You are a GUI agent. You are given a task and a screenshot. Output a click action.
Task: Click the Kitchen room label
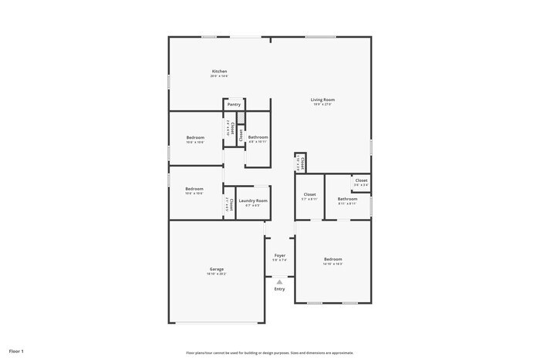point(219,72)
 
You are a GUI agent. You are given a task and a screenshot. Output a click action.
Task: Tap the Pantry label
point(234,104)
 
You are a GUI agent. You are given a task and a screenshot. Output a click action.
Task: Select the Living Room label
point(322,99)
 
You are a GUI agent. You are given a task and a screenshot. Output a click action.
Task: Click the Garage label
point(216,269)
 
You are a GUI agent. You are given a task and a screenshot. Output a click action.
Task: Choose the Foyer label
point(279,255)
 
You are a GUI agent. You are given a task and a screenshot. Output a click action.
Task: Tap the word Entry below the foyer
point(279,289)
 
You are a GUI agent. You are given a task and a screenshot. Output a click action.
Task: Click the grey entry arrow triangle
point(279,282)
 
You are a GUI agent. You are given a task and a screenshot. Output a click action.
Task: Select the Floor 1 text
point(17,352)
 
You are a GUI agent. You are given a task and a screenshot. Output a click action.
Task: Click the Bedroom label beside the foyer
point(332,259)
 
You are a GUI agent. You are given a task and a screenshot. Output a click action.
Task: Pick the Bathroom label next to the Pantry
point(258,137)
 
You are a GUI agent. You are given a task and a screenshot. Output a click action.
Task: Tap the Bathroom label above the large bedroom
point(347,199)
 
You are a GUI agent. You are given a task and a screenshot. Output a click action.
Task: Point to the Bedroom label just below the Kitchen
point(194,137)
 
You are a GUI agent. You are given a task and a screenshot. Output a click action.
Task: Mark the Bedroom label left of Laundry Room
point(194,189)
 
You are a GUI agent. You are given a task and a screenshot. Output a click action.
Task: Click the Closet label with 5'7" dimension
point(309,194)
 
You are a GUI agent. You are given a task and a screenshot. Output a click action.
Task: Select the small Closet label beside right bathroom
point(361,180)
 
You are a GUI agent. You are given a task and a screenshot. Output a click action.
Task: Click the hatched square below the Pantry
point(241,117)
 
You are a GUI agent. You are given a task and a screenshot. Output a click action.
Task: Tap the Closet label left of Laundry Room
point(231,204)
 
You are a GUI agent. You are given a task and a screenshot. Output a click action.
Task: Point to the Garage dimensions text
point(216,274)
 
